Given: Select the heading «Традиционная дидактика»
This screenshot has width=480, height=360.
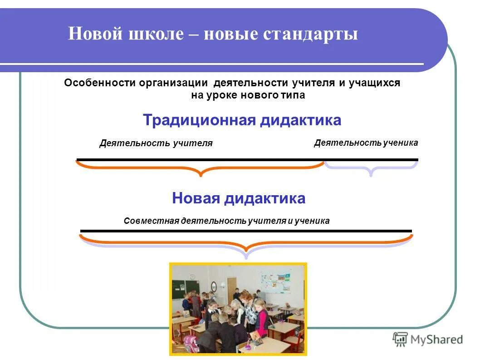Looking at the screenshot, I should click(242, 121).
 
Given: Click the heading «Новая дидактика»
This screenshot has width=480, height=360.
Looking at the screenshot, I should click(239, 198).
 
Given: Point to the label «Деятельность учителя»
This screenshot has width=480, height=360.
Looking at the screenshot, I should click(156, 143).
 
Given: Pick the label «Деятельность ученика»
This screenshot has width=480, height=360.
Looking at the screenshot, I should click(366, 143).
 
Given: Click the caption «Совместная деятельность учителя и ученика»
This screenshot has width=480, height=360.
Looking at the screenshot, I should click(226, 221).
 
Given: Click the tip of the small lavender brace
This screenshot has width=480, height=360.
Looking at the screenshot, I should click(371, 175).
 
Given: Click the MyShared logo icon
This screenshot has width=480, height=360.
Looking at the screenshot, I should click(400, 339).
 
